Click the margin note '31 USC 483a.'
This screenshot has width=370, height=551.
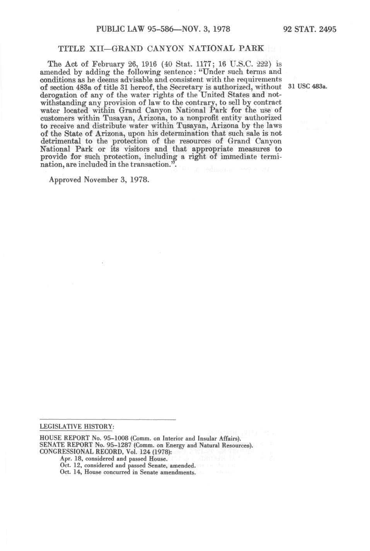point(309,87)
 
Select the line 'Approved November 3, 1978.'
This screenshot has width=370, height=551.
point(99,180)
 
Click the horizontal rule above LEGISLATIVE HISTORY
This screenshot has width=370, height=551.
point(108,419)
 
